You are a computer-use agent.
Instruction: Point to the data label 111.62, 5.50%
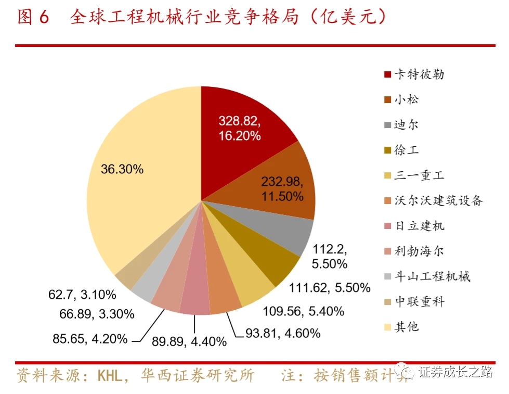pyautogui.click(x=329, y=287)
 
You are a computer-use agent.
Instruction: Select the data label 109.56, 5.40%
pyautogui.click(x=304, y=311)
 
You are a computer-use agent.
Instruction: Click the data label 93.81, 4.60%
pyautogui.click(x=283, y=333)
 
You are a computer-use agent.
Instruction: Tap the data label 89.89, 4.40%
pyautogui.click(x=189, y=341)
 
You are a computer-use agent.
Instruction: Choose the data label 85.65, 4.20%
pyautogui.click(x=90, y=338)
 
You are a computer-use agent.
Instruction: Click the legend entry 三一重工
pyautogui.click(x=419, y=175)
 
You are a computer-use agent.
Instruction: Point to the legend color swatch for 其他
pyautogui.click(x=387, y=327)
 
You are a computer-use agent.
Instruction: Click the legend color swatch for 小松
pyautogui.click(x=387, y=99)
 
